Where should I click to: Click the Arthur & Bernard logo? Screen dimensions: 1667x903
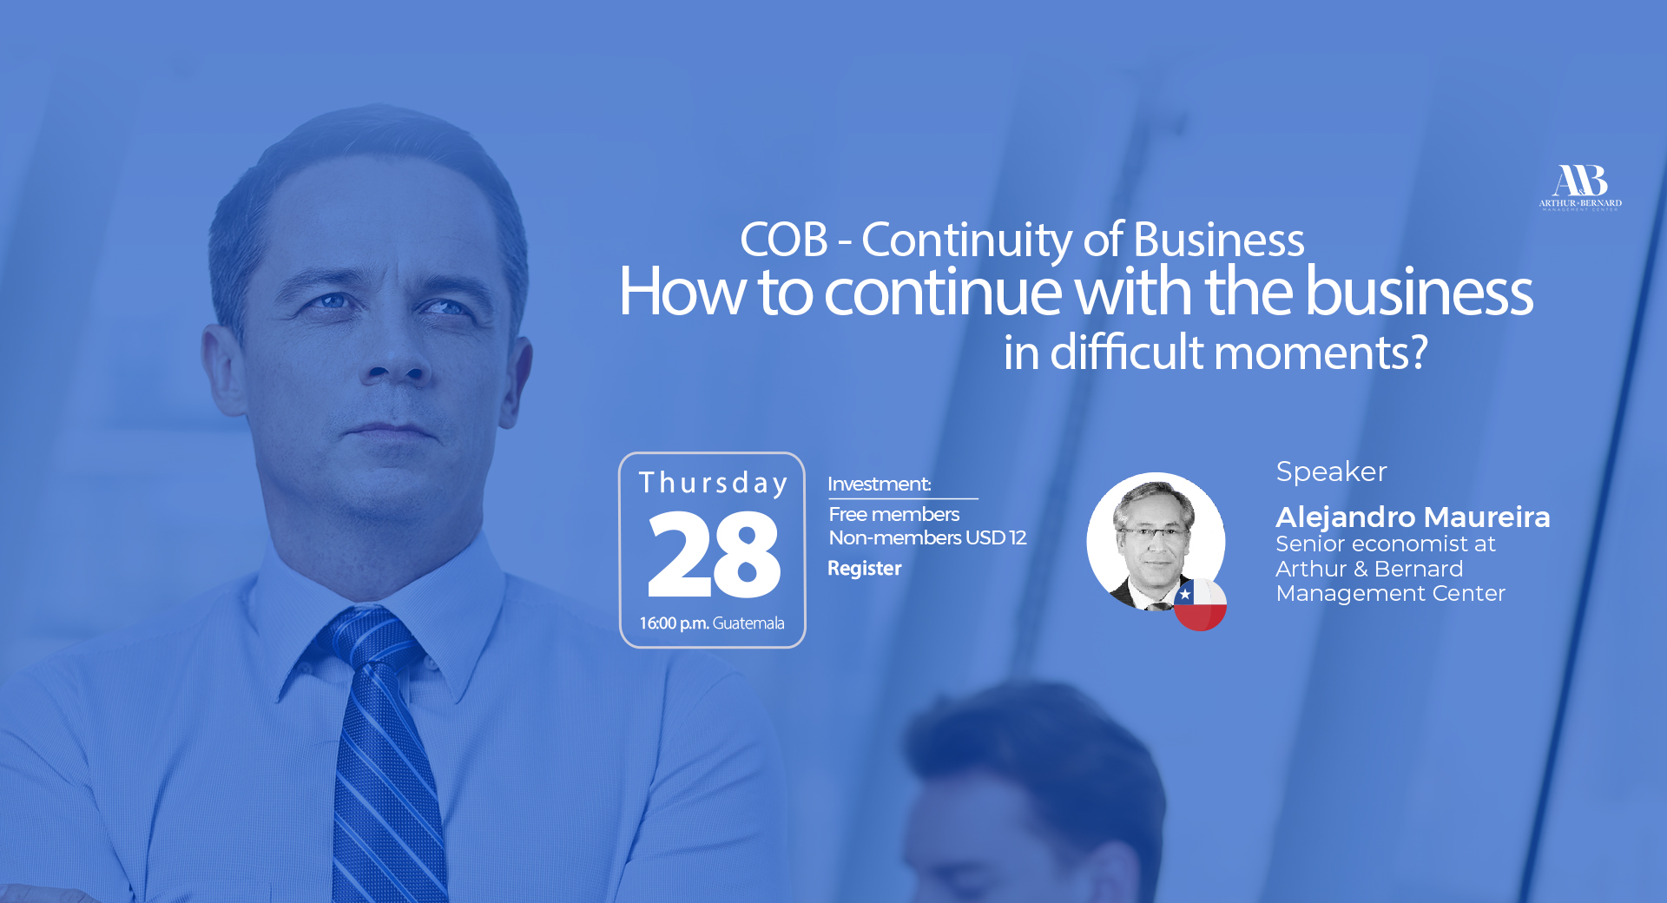click(x=1580, y=188)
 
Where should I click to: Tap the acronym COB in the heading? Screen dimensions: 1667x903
click(x=784, y=240)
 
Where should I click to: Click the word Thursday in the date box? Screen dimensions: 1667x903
click(x=713, y=483)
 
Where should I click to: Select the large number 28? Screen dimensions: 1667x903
click(x=714, y=554)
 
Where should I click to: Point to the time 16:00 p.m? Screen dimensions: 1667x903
click(x=674, y=623)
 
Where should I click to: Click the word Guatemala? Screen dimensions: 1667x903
click(x=748, y=623)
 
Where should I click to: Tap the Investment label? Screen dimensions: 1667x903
click(x=879, y=484)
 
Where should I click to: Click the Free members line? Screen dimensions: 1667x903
click(x=894, y=514)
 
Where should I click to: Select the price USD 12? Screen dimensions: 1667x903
click(x=996, y=537)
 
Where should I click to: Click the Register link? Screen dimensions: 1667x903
click(x=865, y=569)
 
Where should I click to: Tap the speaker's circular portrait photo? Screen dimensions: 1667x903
click(x=1156, y=542)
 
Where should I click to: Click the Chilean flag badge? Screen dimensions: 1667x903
click(x=1200, y=604)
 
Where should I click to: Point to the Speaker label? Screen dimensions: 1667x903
click(x=1331, y=471)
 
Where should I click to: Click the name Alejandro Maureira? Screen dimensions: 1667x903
click(x=1413, y=517)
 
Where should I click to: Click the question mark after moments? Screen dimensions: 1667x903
click(x=1418, y=353)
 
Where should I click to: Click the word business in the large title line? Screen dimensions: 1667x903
click(x=1420, y=292)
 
